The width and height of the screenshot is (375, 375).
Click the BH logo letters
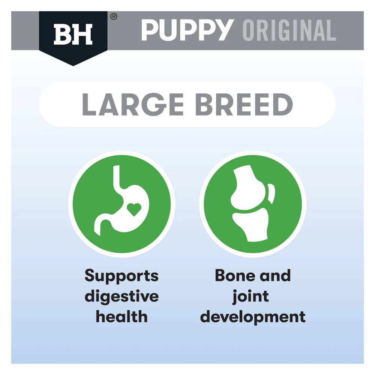click(x=73, y=34)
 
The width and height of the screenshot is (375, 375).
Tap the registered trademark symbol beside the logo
click(x=114, y=17)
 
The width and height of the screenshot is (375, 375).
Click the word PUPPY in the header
click(x=187, y=30)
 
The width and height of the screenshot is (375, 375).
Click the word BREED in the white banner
click(x=244, y=105)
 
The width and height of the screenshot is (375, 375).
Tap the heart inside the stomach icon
click(x=134, y=209)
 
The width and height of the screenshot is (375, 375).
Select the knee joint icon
click(x=253, y=203)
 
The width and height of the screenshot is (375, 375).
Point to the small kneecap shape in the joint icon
click(x=271, y=193)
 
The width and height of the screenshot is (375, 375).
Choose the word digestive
click(x=122, y=297)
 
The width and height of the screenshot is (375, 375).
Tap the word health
click(x=121, y=316)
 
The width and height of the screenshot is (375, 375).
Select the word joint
click(x=250, y=297)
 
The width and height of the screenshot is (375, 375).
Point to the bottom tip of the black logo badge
click(x=73, y=66)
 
